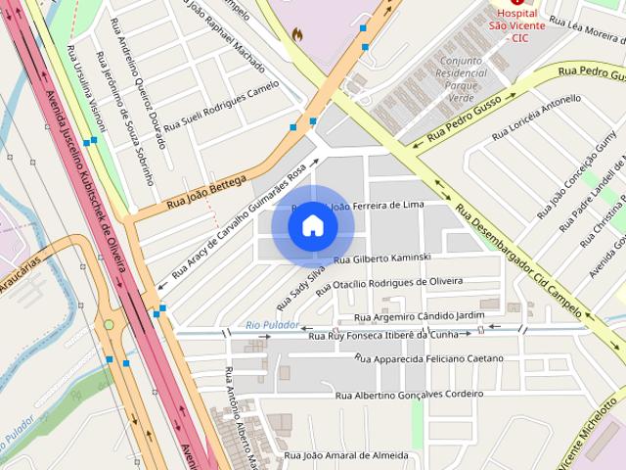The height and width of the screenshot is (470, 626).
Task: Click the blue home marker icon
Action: (313, 225)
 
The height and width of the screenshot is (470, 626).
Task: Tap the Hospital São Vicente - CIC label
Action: (517, 25)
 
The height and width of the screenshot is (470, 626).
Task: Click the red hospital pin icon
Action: (517, 3)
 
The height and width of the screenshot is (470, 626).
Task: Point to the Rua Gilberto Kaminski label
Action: (382, 258)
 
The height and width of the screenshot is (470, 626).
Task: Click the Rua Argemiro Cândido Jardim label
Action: (419, 315)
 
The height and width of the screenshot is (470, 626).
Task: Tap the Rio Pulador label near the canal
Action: (267, 324)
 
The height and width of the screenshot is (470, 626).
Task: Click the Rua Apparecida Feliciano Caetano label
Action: (428, 358)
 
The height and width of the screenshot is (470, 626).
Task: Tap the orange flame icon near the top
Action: (297, 34)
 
